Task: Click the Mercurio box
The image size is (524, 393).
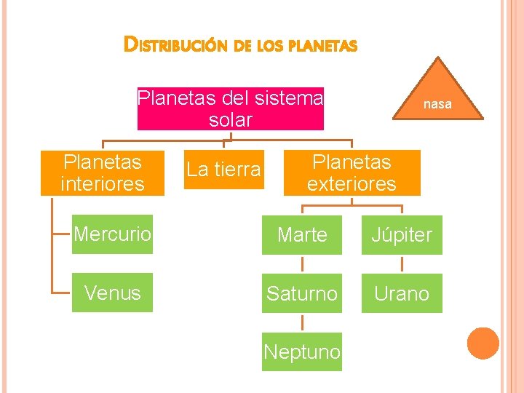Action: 112,234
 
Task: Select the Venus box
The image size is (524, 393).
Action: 112,293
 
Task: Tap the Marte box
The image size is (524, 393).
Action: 302,235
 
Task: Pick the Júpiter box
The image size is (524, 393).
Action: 402,235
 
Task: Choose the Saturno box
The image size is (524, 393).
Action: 302,293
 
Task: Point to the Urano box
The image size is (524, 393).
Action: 402,293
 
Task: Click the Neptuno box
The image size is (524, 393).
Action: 302,352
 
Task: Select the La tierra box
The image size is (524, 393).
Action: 223,170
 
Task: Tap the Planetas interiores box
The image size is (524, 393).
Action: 103,172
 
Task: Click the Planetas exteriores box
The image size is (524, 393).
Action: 352,172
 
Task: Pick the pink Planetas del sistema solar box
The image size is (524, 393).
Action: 230,108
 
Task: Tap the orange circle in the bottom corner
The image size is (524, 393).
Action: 483,344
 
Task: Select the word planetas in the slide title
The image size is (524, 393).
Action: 322,46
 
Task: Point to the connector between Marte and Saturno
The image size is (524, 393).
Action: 302,264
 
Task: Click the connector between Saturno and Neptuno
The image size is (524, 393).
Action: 302,323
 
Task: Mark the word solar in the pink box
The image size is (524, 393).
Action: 230,120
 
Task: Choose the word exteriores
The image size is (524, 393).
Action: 352,183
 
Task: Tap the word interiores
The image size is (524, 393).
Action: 103,183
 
